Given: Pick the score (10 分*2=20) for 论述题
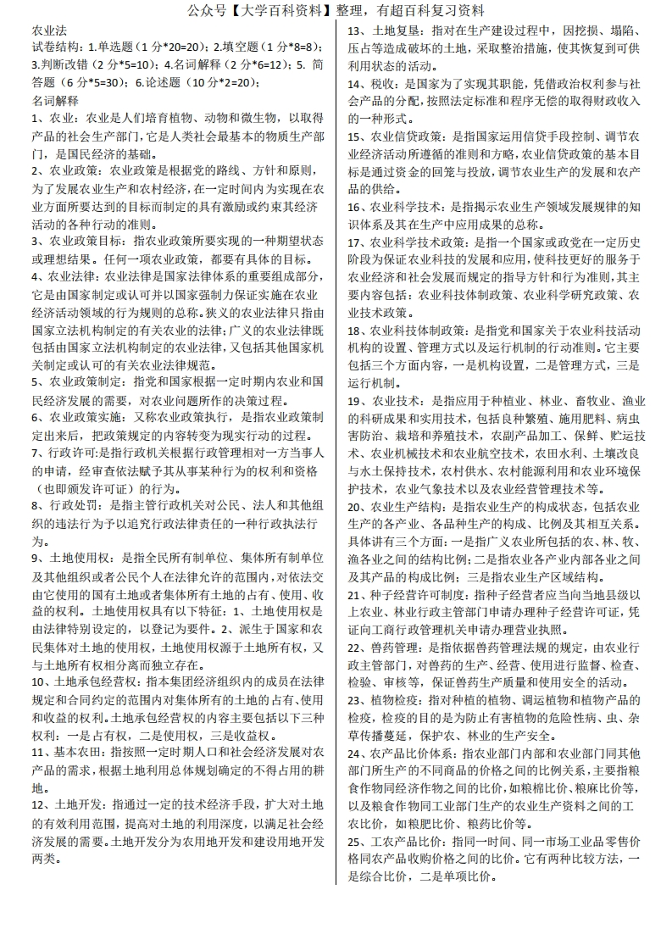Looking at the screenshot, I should click(x=217, y=83).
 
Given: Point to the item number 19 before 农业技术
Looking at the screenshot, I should click(x=356, y=401).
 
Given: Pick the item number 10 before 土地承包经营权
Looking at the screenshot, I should click(x=39, y=681).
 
